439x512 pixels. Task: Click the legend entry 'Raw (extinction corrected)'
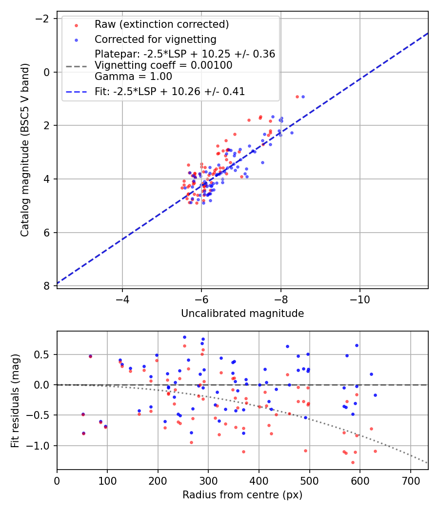click(161, 24)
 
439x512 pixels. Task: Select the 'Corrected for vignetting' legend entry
click(155, 39)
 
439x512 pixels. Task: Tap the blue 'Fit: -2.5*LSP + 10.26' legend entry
click(170, 91)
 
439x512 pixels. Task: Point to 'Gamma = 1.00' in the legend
click(133, 76)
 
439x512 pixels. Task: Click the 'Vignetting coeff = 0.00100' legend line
click(163, 65)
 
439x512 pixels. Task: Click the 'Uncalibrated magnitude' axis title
click(242, 314)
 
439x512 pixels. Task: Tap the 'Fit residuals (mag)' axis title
click(15, 400)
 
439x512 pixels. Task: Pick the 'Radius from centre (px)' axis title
click(242, 495)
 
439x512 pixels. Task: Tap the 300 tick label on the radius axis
click(208, 480)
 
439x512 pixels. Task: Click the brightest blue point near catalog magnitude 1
click(303, 97)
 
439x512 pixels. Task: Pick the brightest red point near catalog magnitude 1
click(297, 97)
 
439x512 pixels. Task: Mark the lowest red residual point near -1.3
click(353, 462)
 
